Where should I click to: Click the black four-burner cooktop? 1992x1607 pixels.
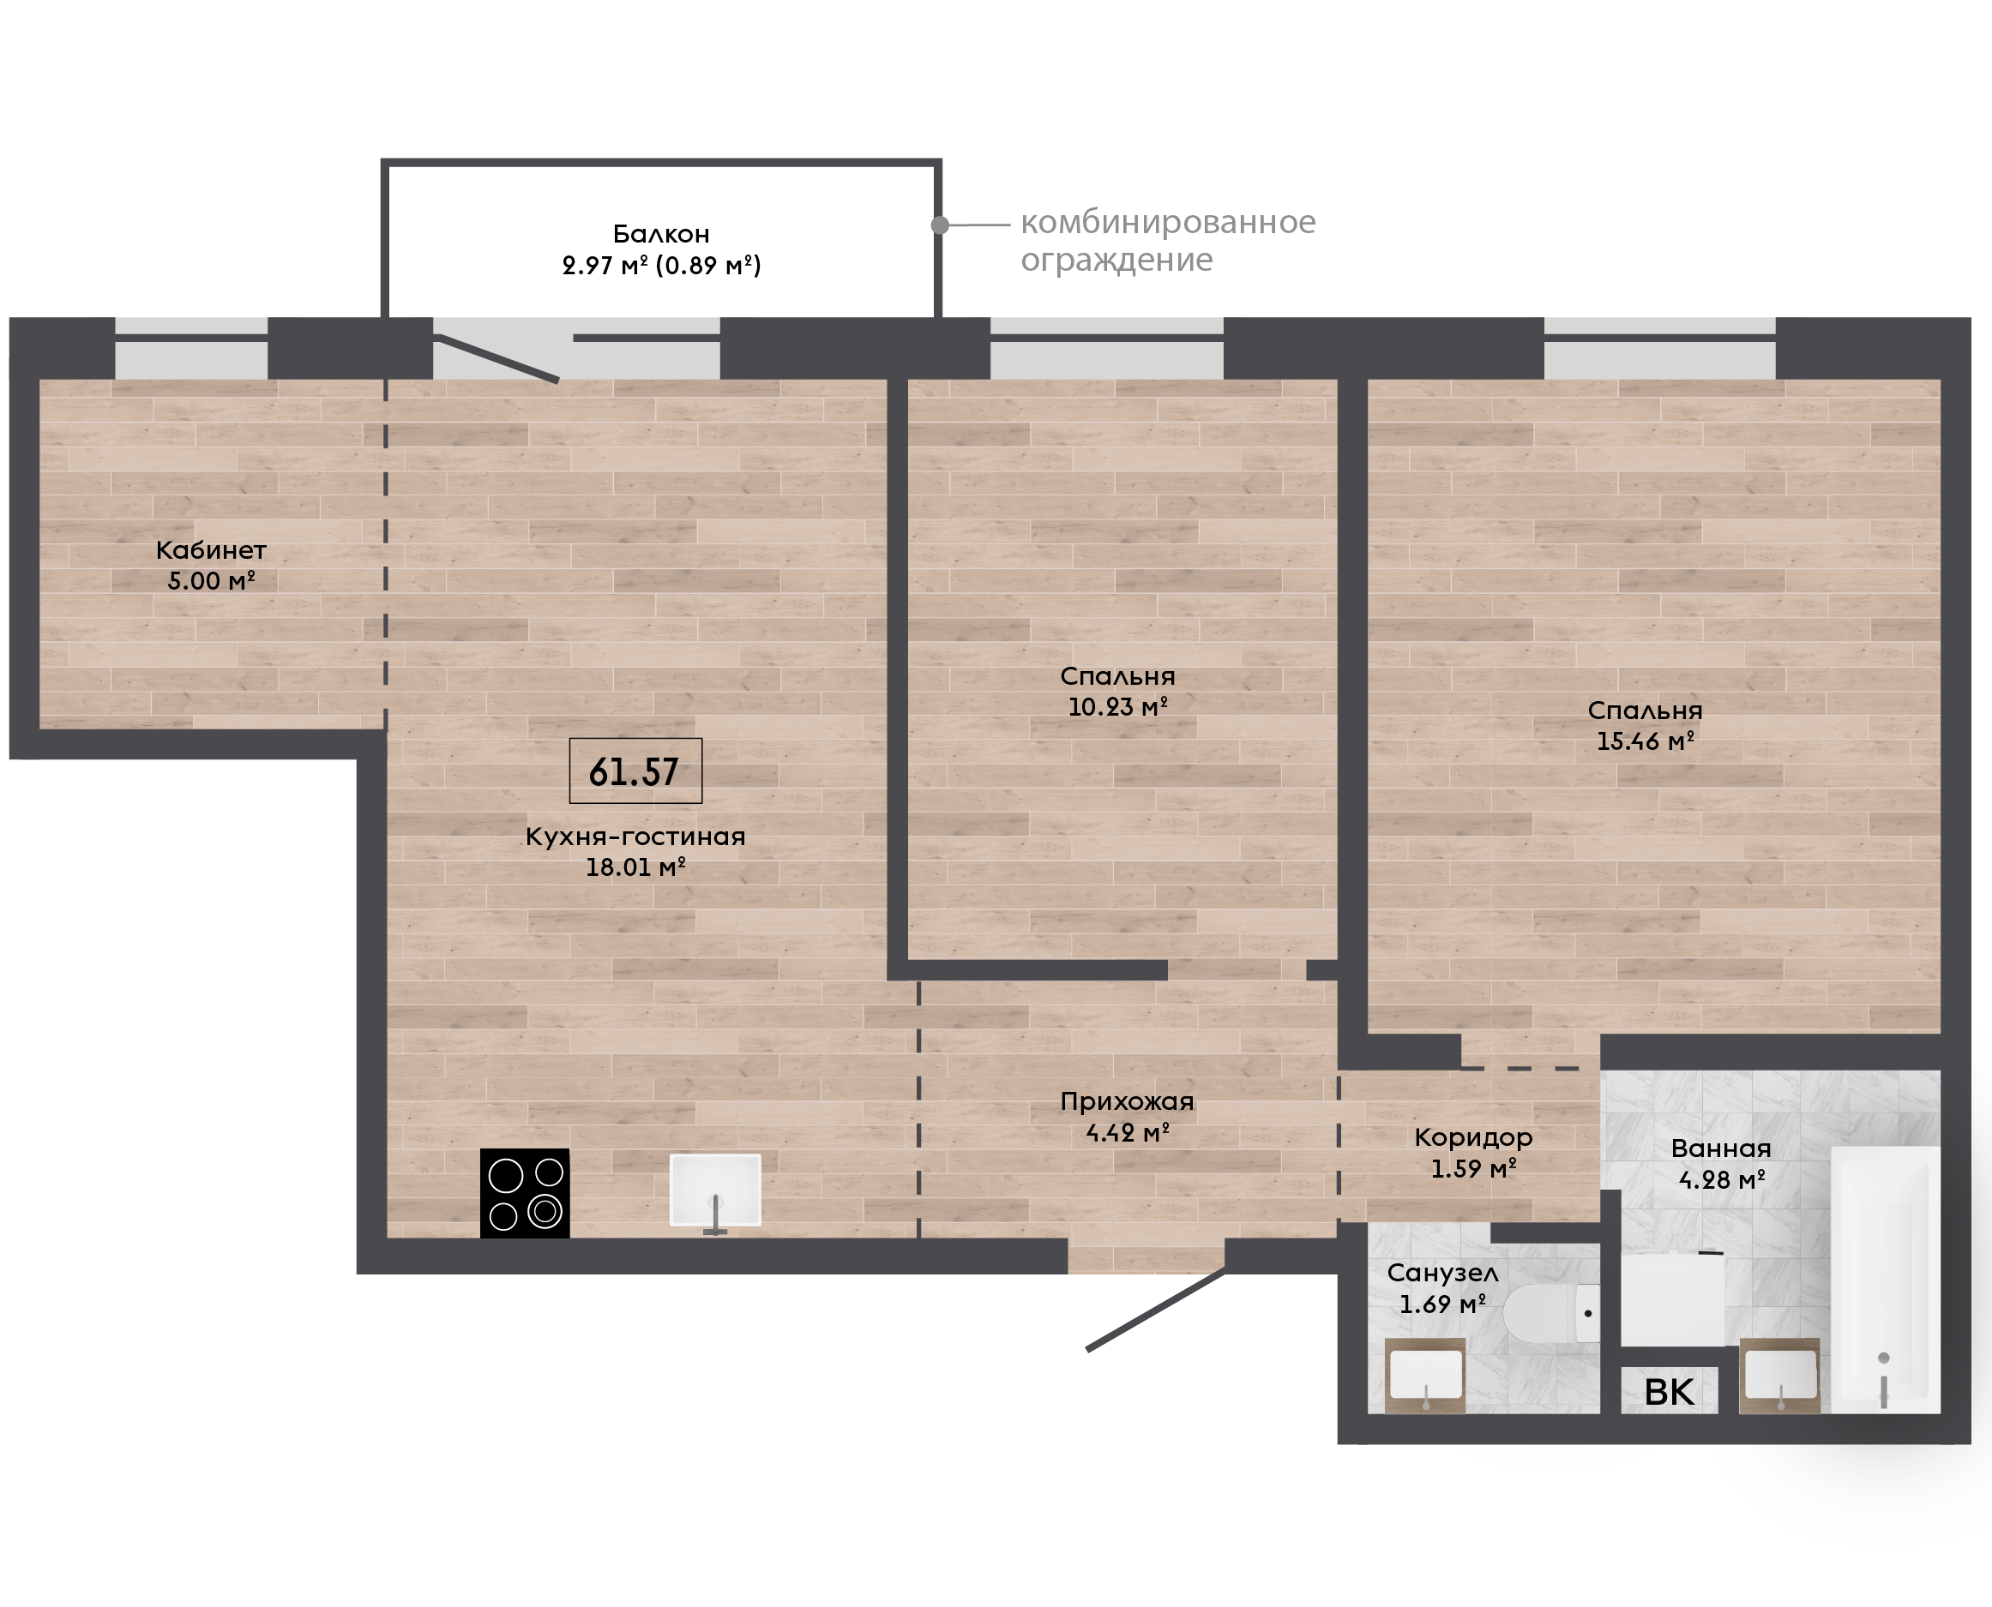(x=524, y=1192)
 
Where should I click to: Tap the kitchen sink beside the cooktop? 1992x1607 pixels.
(x=715, y=1190)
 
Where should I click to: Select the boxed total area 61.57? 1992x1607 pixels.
(x=635, y=771)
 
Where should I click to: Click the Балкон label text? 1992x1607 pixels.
(x=661, y=233)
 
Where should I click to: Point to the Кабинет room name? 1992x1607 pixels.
(x=211, y=550)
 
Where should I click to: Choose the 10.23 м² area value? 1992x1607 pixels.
(x=1118, y=707)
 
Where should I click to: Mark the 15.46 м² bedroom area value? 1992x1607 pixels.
(x=1645, y=741)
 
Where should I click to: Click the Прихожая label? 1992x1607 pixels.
(x=1127, y=1101)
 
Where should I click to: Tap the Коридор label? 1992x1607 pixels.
(x=1473, y=1137)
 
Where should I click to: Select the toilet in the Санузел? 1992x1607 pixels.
(x=1551, y=1313)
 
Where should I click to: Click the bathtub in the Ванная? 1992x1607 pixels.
(x=1885, y=1280)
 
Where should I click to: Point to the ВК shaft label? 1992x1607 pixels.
(x=1669, y=1392)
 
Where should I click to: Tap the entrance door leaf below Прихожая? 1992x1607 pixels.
(x=1156, y=1309)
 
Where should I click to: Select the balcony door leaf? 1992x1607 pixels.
(x=496, y=358)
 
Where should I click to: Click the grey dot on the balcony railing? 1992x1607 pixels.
(x=939, y=225)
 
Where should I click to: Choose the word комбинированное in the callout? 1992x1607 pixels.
(x=1168, y=222)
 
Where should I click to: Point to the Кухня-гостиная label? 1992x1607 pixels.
(x=635, y=836)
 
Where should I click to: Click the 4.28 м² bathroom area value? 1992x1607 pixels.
(x=1722, y=1180)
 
